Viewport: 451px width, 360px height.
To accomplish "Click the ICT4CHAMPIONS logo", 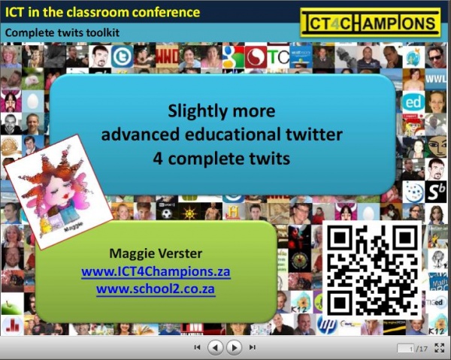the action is (x=370, y=23).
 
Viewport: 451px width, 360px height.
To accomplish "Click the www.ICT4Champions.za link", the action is (x=156, y=271).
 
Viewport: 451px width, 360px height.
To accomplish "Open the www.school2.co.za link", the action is (x=156, y=289).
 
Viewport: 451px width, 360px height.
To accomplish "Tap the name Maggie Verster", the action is (x=156, y=253).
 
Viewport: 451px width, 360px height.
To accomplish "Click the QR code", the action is (x=372, y=270).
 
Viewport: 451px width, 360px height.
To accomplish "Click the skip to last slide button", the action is (x=253, y=347).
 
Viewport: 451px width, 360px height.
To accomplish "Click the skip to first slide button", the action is (x=197, y=347).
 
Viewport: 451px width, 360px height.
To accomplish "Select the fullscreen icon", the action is (x=439, y=348).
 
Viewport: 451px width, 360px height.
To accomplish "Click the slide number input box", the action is (x=406, y=349).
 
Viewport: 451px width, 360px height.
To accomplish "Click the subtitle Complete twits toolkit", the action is (x=62, y=32).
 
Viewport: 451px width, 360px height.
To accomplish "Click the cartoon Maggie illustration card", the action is (x=59, y=192).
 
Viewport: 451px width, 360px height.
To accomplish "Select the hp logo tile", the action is (x=327, y=324).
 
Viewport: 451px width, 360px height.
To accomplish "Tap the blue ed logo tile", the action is (x=413, y=102).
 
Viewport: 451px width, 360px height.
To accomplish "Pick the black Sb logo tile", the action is (x=436, y=192).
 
